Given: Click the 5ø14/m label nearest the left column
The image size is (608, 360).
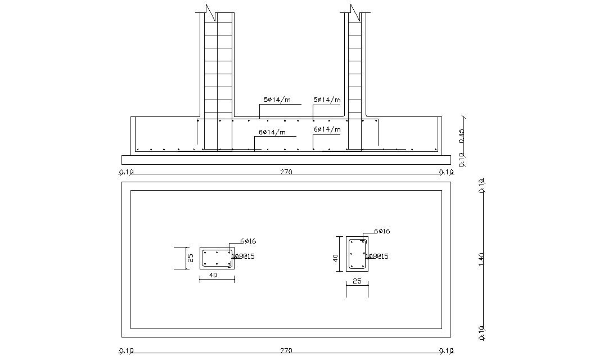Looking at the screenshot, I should point(277,100).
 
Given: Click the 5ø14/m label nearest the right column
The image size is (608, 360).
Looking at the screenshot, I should point(327,100).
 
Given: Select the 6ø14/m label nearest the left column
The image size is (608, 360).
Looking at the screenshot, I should point(272,133).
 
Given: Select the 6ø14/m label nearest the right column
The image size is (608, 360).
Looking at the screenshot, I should point(327,129).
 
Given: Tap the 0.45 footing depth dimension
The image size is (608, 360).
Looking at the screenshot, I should point(462,136).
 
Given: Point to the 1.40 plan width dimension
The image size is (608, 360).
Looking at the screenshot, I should point(481,259).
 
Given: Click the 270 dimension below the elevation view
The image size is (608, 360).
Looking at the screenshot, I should point(286,172).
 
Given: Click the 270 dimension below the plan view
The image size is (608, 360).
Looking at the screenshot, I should point(286,351).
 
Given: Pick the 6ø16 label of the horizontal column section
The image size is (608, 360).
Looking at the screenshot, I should point(248,241).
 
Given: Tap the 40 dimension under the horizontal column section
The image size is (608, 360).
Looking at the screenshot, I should point(214,275).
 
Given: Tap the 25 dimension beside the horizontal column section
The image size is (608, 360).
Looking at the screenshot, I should point(190,258).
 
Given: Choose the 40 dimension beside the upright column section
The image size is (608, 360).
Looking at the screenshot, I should point(335,258).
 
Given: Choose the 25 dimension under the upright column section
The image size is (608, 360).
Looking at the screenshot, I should point(357,281).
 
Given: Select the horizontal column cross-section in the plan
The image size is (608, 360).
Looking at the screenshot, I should point(217,258).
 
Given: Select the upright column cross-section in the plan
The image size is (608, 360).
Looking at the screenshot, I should point(357,253).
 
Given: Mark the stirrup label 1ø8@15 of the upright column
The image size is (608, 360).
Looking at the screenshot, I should point(377,256).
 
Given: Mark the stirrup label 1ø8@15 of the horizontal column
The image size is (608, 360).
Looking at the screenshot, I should point(244,256).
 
